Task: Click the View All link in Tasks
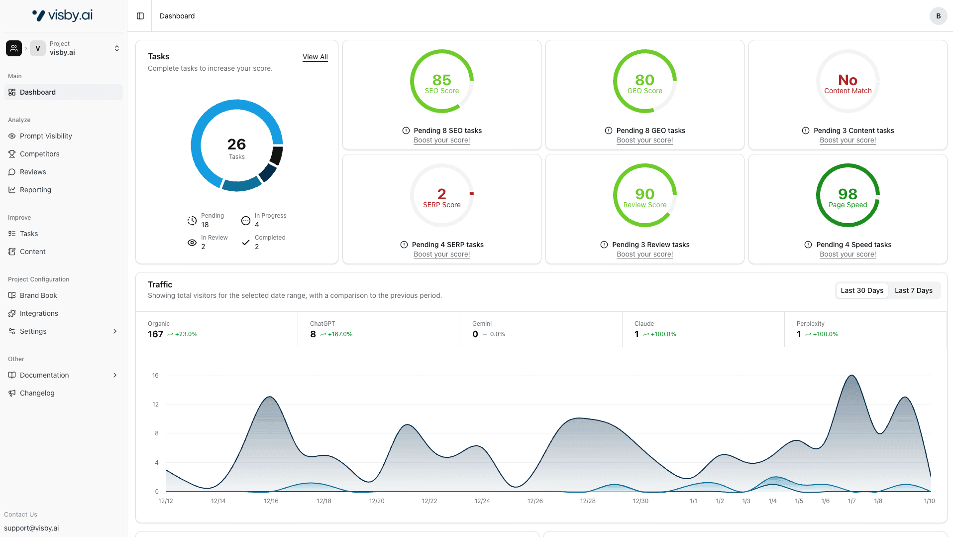coord(315,57)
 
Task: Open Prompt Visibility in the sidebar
coord(46,136)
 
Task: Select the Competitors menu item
coord(39,154)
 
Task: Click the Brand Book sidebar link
coord(38,295)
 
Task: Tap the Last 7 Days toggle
coord(913,290)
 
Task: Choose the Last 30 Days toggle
coord(861,290)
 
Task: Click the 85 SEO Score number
coord(441,80)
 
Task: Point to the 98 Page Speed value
coord(847,194)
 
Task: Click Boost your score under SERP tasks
coord(441,254)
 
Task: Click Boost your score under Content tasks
coord(847,140)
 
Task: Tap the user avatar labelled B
coord(938,16)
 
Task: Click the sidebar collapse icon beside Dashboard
coord(140,16)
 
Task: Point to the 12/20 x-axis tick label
coord(377,501)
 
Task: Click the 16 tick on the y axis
coord(155,376)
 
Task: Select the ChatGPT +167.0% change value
coord(340,334)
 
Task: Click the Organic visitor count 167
coord(155,334)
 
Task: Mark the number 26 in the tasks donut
coord(236,144)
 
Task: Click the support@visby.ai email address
coord(31,528)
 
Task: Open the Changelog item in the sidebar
coord(37,393)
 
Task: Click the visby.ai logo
coord(63,15)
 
